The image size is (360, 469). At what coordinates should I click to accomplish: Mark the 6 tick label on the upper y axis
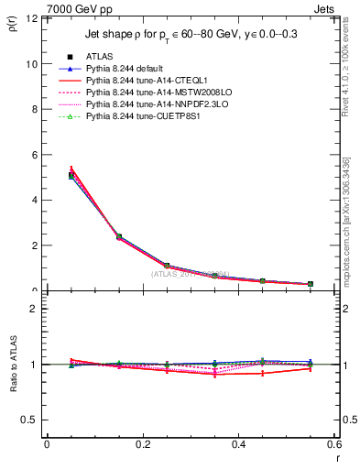33,155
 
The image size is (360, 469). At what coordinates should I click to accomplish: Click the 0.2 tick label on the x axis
143,444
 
